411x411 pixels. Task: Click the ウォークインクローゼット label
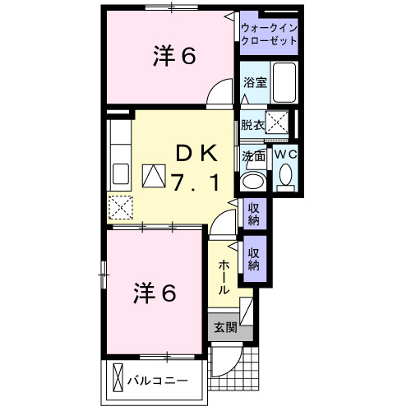(269, 36)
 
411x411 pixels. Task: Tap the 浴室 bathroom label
(254, 82)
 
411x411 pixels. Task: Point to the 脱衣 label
(252, 125)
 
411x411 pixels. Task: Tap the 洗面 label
(253, 155)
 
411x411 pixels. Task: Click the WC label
(285, 155)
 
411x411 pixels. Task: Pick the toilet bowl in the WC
(285, 175)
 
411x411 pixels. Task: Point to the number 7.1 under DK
(195, 182)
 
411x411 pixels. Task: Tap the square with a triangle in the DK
(154, 175)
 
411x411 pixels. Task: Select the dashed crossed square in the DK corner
(120, 206)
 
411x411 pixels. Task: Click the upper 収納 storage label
(254, 214)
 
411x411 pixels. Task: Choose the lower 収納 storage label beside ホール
(254, 260)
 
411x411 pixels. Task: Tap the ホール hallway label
(224, 278)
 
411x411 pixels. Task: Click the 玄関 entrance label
(224, 327)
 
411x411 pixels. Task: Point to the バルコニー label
(158, 381)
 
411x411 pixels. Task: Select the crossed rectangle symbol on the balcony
(117, 380)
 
